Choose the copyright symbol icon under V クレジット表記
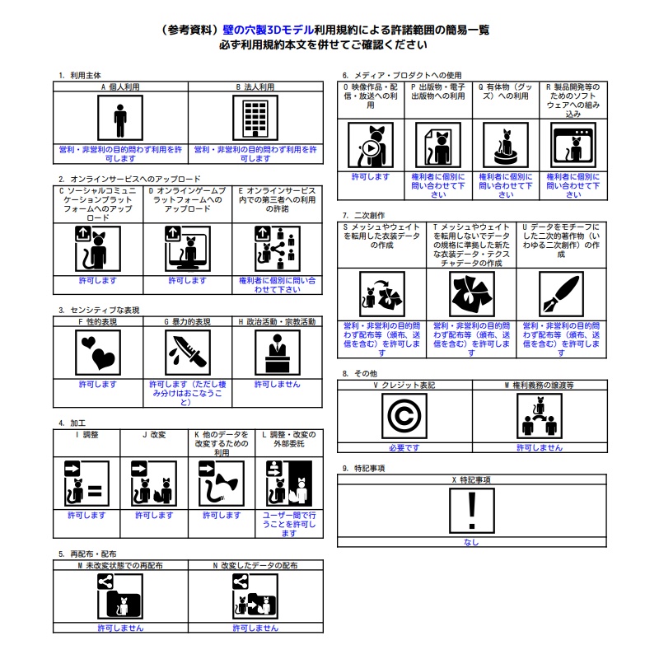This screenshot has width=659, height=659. pyautogui.click(x=404, y=416)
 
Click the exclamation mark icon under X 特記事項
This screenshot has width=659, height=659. pyautogui.click(x=471, y=511)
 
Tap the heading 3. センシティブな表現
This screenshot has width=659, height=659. pyautogui.click(x=99, y=310)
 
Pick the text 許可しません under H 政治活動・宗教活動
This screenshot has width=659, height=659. pyautogui.click(x=278, y=385)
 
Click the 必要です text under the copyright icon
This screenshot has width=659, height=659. pyautogui.click(x=404, y=447)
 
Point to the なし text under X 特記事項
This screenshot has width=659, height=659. pyautogui.click(x=471, y=542)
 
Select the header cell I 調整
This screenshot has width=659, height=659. pyautogui.click(x=86, y=434)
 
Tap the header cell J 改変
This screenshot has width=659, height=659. pyautogui.click(x=154, y=434)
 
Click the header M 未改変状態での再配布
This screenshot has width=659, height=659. pyautogui.click(x=120, y=566)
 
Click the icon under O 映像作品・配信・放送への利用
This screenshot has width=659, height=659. pyautogui.click(x=370, y=146)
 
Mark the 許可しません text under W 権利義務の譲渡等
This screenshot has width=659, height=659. pyautogui.click(x=540, y=447)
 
